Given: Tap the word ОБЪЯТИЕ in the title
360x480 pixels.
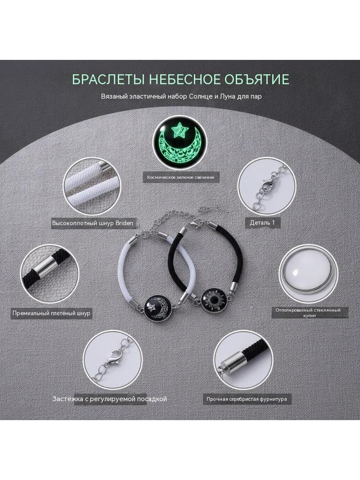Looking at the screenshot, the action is (x=256, y=79).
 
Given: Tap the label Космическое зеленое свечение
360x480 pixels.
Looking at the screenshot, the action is (x=181, y=177).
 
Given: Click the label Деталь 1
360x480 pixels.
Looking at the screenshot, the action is (x=262, y=222).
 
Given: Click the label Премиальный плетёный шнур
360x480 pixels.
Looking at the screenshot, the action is (x=51, y=313).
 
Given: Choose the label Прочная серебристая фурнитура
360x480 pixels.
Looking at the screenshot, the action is (x=247, y=399).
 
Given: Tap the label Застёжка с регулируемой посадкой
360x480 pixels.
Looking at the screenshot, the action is (x=109, y=399).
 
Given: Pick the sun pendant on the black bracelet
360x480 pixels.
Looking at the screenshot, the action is (x=214, y=298).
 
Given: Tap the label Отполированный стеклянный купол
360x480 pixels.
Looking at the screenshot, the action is (x=308, y=312).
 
